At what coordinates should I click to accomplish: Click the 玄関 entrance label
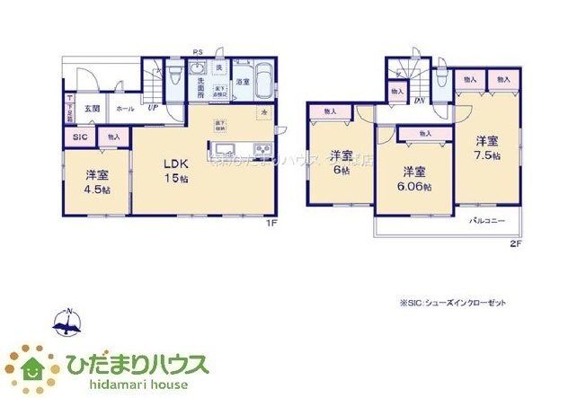click(x=92, y=109)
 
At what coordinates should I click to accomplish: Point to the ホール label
click(x=125, y=109)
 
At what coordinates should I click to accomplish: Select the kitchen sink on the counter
click(x=223, y=148)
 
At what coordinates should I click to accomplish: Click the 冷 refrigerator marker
click(x=265, y=112)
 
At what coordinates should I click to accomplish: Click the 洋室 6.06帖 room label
click(x=414, y=179)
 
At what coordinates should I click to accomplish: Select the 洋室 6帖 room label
click(x=339, y=160)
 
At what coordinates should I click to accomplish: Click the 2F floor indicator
click(x=515, y=243)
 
